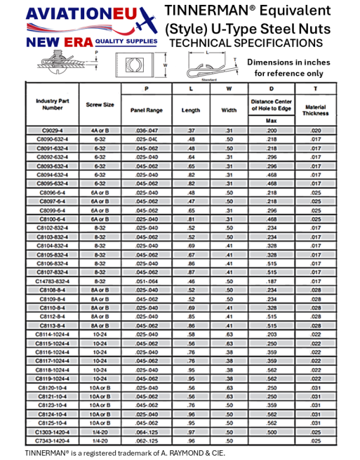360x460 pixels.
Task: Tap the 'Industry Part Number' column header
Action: tap(52, 105)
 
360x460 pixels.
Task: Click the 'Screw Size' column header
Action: tap(100, 105)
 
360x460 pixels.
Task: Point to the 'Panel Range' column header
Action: tap(146, 110)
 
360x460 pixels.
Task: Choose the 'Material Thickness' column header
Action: tap(315, 110)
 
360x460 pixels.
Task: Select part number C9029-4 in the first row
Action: tap(52, 131)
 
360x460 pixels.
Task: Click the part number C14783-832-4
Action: tap(52, 280)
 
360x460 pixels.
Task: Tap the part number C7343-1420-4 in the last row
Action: tap(52, 440)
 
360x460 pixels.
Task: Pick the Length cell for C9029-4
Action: tap(191, 131)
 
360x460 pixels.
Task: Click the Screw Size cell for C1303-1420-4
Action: tap(100, 432)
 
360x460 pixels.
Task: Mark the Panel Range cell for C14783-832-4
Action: tap(146, 280)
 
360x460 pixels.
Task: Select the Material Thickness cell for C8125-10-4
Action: tap(315, 423)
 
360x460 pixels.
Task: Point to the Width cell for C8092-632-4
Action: tap(229, 157)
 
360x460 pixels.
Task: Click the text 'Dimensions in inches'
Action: tap(293, 62)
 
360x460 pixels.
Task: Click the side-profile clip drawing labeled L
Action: tap(207, 69)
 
